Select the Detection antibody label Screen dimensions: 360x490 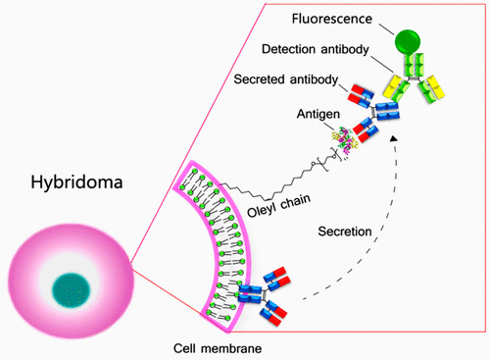tap(320, 50)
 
